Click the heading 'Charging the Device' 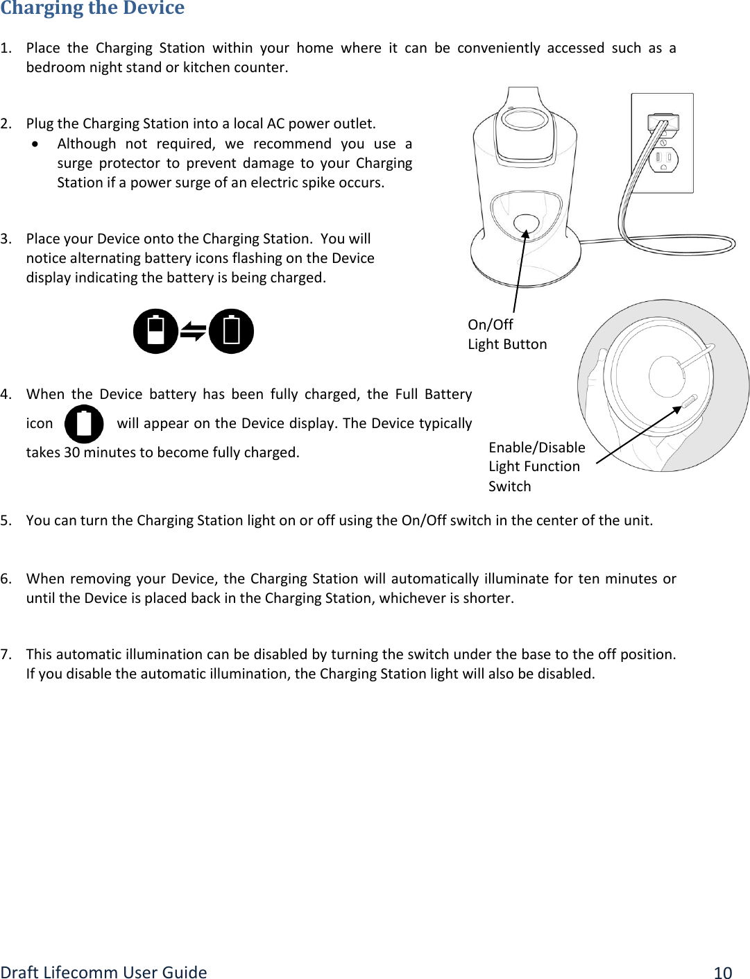(92, 8)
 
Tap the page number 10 (723, 972)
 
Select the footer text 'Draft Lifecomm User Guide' (103, 972)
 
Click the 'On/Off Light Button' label (506, 334)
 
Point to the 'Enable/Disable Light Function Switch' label (536, 466)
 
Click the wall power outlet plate (662, 143)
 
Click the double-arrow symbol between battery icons (193, 332)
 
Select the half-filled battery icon (155, 331)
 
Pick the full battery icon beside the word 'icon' (84, 424)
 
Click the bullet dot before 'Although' (35, 144)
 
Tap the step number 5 (6, 520)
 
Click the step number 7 (6, 654)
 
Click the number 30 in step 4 (71, 452)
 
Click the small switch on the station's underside (690, 402)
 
